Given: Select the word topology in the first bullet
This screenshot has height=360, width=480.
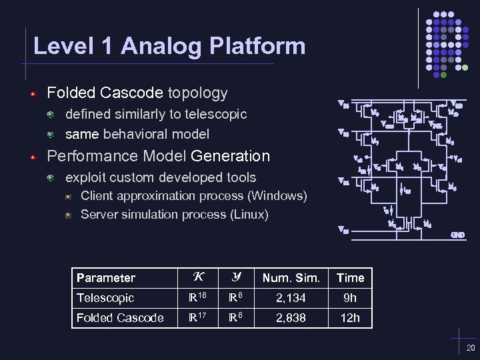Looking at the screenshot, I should [x=197, y=93].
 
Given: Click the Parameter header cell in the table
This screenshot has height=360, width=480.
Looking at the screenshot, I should [x=106, y=278].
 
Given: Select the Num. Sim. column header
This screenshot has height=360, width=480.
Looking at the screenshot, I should [x=291, y=278].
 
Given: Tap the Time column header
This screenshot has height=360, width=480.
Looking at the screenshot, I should [x=350, y=278].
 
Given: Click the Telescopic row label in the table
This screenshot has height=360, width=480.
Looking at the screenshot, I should [x=105, y=298].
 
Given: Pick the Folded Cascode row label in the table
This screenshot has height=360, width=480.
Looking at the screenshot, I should [x=120, y=318].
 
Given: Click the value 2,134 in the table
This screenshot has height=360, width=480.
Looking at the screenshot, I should [x=291, y=298].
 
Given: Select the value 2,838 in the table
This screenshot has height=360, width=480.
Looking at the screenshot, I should [x=291, y=318].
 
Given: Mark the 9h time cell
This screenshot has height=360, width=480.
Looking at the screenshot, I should [x=350, y=298].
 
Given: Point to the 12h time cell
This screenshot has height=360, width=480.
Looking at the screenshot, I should [x=350, y=318].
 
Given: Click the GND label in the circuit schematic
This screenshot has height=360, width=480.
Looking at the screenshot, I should [x=457, y=234].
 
